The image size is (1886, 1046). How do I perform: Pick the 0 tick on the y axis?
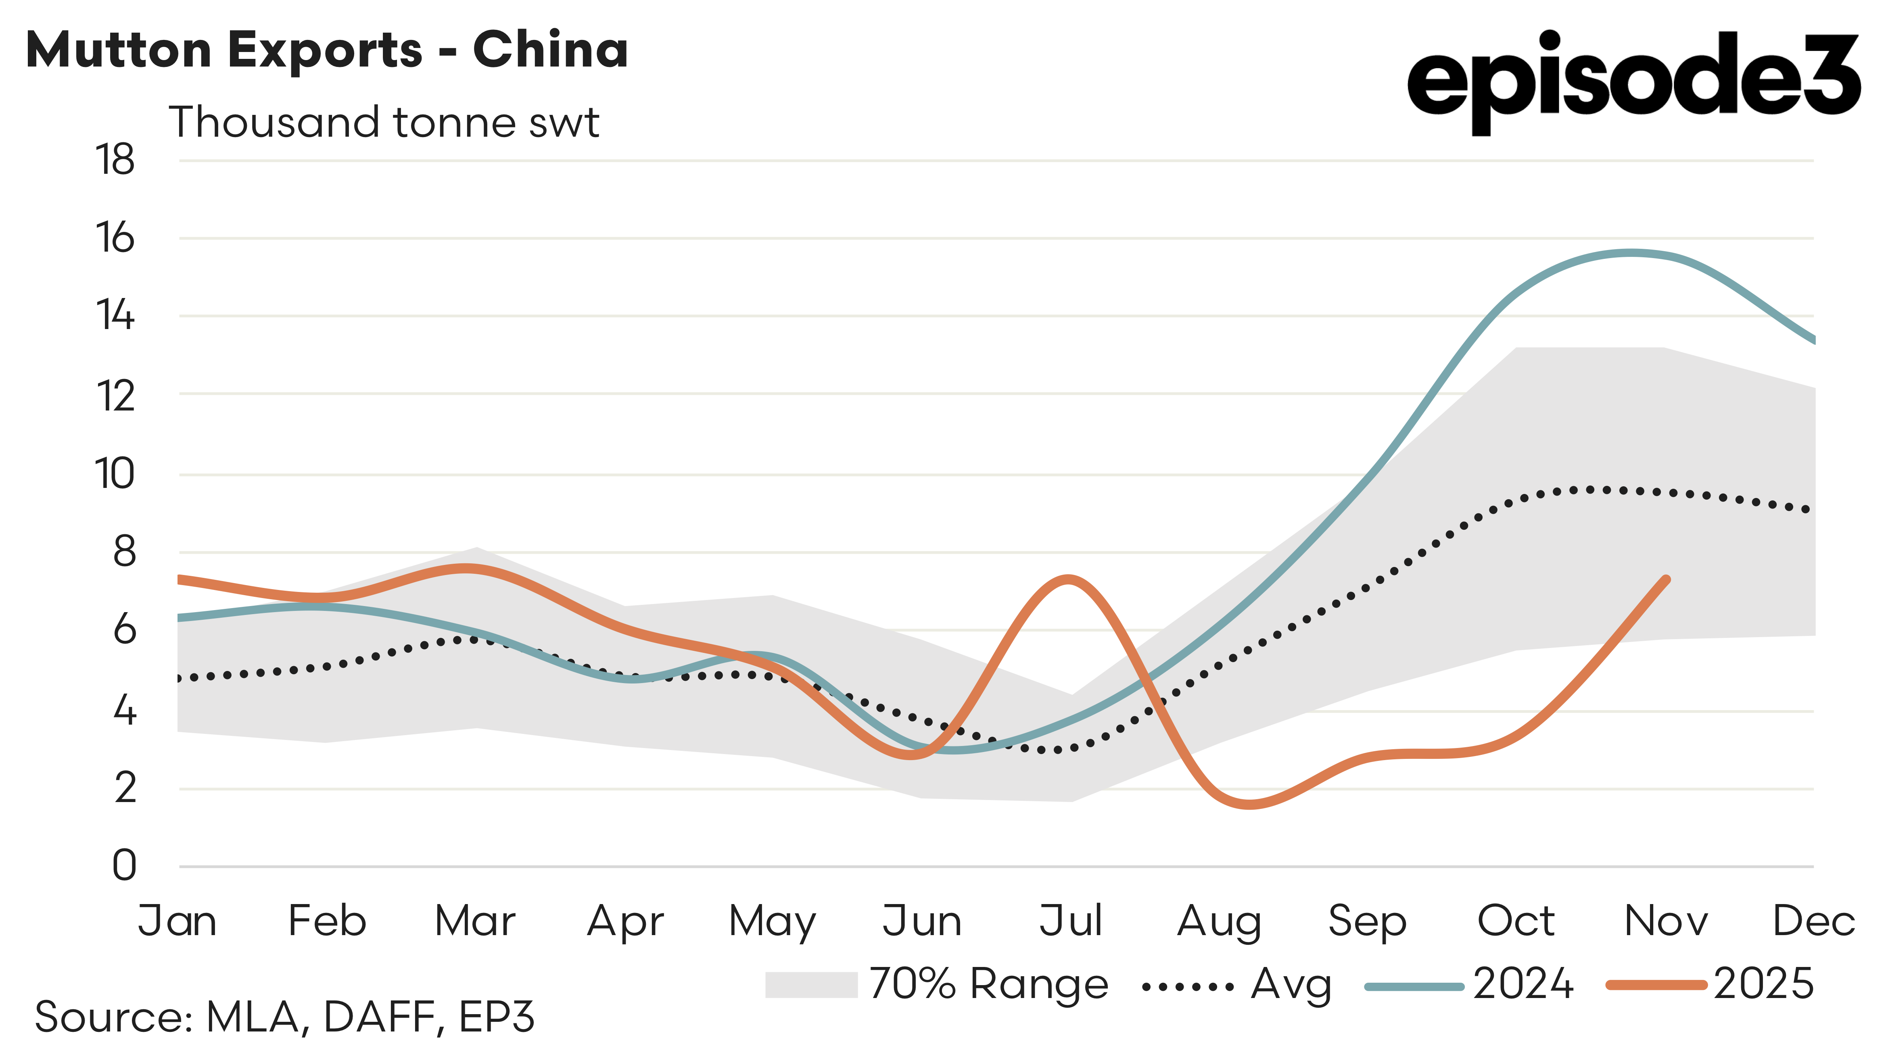click(125, 865)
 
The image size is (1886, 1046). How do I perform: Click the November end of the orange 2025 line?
click(1667, 580)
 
